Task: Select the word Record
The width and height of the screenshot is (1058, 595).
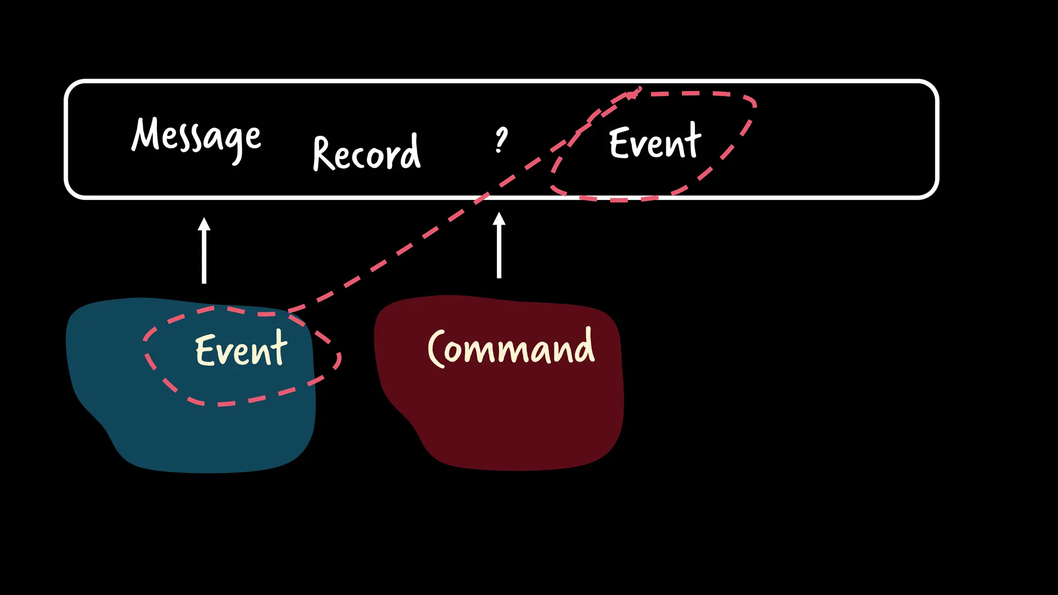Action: pyautogui.click(x=367, y=153)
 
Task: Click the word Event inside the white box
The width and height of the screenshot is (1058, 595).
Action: pyautogui.click(x=655, y=143)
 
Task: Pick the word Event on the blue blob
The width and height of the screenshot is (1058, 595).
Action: pyautogui.click(x=241, y=350)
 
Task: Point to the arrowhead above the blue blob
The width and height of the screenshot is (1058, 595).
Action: pyautogui.click(x=205, y=225)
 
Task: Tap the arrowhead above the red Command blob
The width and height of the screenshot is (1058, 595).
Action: pyautogui.click(x=499, y=219)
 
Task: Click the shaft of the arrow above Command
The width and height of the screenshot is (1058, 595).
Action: pyautogui.click(x=499, y=253)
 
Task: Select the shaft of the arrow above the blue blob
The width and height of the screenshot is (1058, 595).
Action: pyautogui.click(x=205, y=258)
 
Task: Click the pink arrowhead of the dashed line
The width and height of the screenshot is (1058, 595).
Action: pyautogui.click(x=635, y=93)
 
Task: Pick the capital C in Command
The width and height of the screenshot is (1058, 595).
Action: pyautogui.click(x=437, y=349)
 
